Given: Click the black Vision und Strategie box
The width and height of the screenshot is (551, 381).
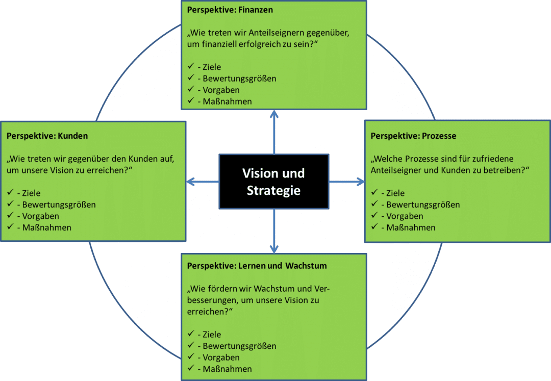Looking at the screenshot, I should click(274, 181).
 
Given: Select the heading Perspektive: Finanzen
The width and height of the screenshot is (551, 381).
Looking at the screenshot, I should click(230, 10).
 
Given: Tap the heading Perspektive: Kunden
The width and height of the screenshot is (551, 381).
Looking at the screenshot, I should click(47, 136).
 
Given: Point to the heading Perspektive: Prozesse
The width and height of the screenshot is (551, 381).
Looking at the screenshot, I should click(413, 136).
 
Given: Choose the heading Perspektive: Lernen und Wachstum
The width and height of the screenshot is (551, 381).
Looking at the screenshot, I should click(257, 266).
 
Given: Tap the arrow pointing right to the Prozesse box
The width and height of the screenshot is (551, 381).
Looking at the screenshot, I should click(347, 181).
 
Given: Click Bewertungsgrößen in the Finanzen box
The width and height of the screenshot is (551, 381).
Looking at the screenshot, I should click(239, 79).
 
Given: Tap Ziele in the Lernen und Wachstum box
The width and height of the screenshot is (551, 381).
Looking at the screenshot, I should click(212, 335).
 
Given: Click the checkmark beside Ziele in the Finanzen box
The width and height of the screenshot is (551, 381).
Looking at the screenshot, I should click(190, 67).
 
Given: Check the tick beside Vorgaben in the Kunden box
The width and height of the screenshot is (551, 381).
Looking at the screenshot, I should click(10, 216).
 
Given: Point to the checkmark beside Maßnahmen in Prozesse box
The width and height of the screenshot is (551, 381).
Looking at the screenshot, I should click(374, 227).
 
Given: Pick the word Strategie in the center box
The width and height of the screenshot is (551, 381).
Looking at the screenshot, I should click(274, 191).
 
